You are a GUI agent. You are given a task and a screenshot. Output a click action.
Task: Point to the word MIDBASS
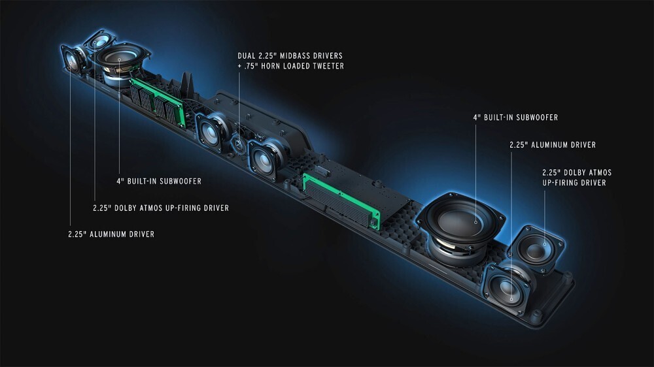pyautogui.click(x=298, y=56)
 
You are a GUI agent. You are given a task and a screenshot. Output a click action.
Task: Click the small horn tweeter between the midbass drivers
pyautogui.click(x=239, y=144)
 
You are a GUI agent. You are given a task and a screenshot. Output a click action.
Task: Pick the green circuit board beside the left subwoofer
pyautogui.click(x=158, y=102)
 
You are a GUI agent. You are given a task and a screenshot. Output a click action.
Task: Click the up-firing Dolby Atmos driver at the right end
pyautogui.click(x=536, y=249)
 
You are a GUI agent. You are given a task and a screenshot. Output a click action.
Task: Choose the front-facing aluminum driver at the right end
pyautogui.click(x=508, y=288)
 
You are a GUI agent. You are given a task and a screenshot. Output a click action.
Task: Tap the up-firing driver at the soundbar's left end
pyautogui.click(x=100, y=41)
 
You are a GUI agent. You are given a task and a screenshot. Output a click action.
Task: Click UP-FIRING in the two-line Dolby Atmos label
pyautogui.click(x=559, y=183)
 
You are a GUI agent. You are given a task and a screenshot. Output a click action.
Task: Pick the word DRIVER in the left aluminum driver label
pyautogui.click(x=141, y=234)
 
